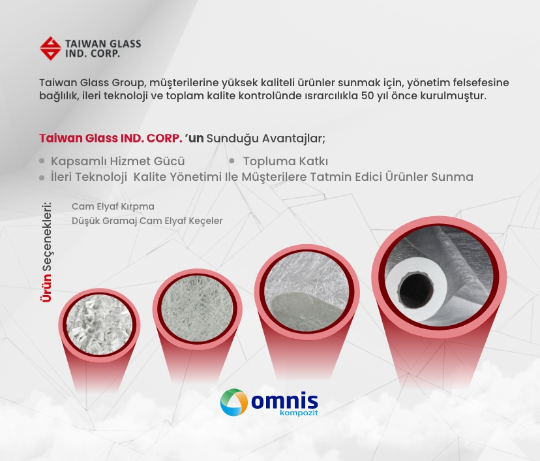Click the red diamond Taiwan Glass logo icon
click(51, 48)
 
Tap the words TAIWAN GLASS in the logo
click(103, 44)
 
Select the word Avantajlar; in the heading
click(293, 138)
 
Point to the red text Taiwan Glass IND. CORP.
click(111, 138)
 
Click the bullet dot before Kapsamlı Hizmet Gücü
click(42, 161)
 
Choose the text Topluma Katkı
click(286, 161)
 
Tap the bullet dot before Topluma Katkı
click(232, 161)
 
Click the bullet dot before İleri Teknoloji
click(42, 178)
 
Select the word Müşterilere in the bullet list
click(274, 177)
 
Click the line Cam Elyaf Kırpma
click(113, 206)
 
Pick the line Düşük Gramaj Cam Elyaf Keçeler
click(147, 221)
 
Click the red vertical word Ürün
click(46, 287)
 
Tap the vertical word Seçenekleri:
click(46, 236)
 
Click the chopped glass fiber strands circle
click(99, 326)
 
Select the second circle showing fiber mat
click(198, 310)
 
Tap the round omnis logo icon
click(234, 402)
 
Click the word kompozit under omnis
click(299, 413)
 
